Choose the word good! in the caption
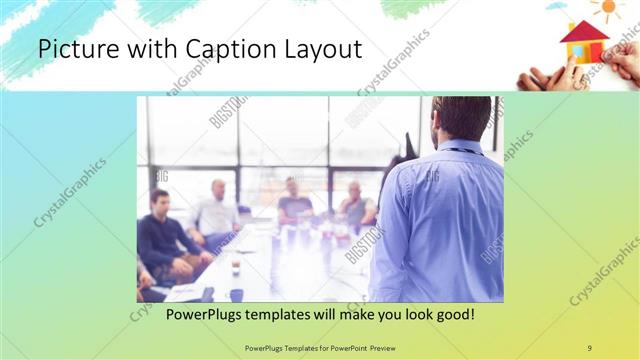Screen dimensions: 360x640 click(x=453, y=314)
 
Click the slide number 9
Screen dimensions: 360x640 click(x=590, y=347)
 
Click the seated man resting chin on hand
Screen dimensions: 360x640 click(x=354, y=204)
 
